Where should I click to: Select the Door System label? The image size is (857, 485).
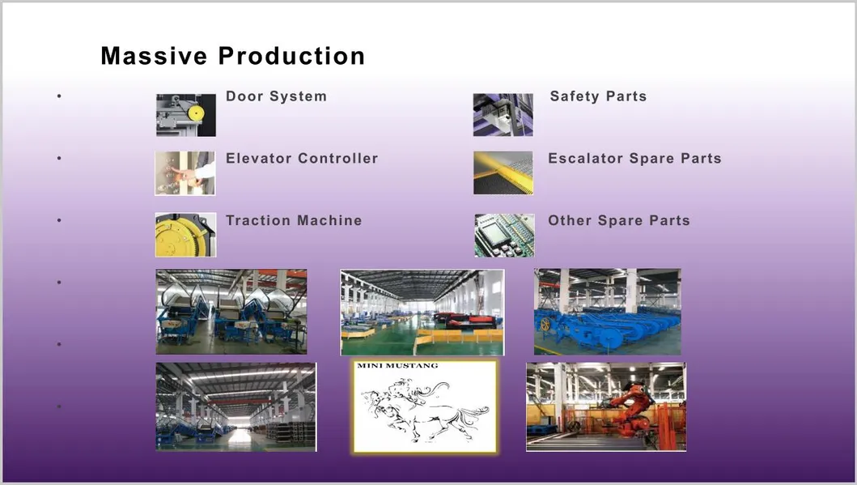tap(276, 96)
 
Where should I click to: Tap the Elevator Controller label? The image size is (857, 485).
tap(302, 159)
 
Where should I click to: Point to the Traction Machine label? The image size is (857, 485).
tap(294, 220)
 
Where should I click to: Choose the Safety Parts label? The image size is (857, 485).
tap(598, 96)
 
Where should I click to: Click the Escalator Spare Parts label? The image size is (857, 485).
tap(634, 159)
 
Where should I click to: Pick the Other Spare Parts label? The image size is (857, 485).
tap(619, 220)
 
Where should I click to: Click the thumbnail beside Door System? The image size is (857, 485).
tap(186, 115)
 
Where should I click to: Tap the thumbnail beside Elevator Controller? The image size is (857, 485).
tap(185, 173)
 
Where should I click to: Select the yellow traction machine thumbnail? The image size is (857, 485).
tap(185, 235)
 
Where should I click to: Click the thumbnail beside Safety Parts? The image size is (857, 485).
tap(503, 115)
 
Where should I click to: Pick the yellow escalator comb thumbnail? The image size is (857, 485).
tap(503, 173)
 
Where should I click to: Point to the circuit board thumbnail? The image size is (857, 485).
tap(504, 235)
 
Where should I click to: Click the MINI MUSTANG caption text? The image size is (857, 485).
tap(397, 366)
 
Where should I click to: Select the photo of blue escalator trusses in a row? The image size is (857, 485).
tap(607, 312)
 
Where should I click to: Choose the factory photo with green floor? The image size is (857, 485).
tap(422, 313)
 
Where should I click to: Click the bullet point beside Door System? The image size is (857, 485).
tap(59, 97)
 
